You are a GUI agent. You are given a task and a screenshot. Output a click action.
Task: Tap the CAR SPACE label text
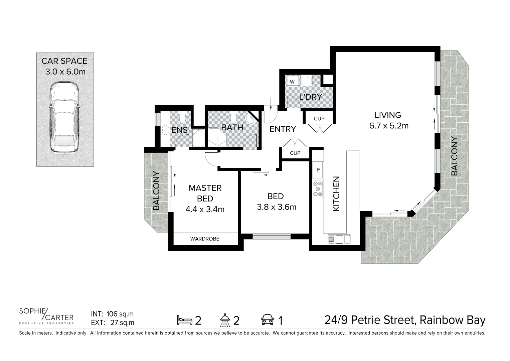[64, 61]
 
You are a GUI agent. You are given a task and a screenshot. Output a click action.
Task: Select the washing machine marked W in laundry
[292, 82]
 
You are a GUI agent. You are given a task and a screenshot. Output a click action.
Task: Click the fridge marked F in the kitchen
[318, 170]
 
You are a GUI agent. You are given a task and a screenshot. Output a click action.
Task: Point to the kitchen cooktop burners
[318, 189]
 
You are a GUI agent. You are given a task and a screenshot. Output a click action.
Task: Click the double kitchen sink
[340, 239]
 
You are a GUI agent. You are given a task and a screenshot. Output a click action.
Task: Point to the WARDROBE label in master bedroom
[205, 239]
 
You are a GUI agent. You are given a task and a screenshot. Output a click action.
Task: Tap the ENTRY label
[283, 129]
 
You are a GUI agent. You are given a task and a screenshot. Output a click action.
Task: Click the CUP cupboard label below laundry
[319, 119]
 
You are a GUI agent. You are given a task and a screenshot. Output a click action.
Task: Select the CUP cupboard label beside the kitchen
[295, 153]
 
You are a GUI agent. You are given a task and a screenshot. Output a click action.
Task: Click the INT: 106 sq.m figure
[112, 314]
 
